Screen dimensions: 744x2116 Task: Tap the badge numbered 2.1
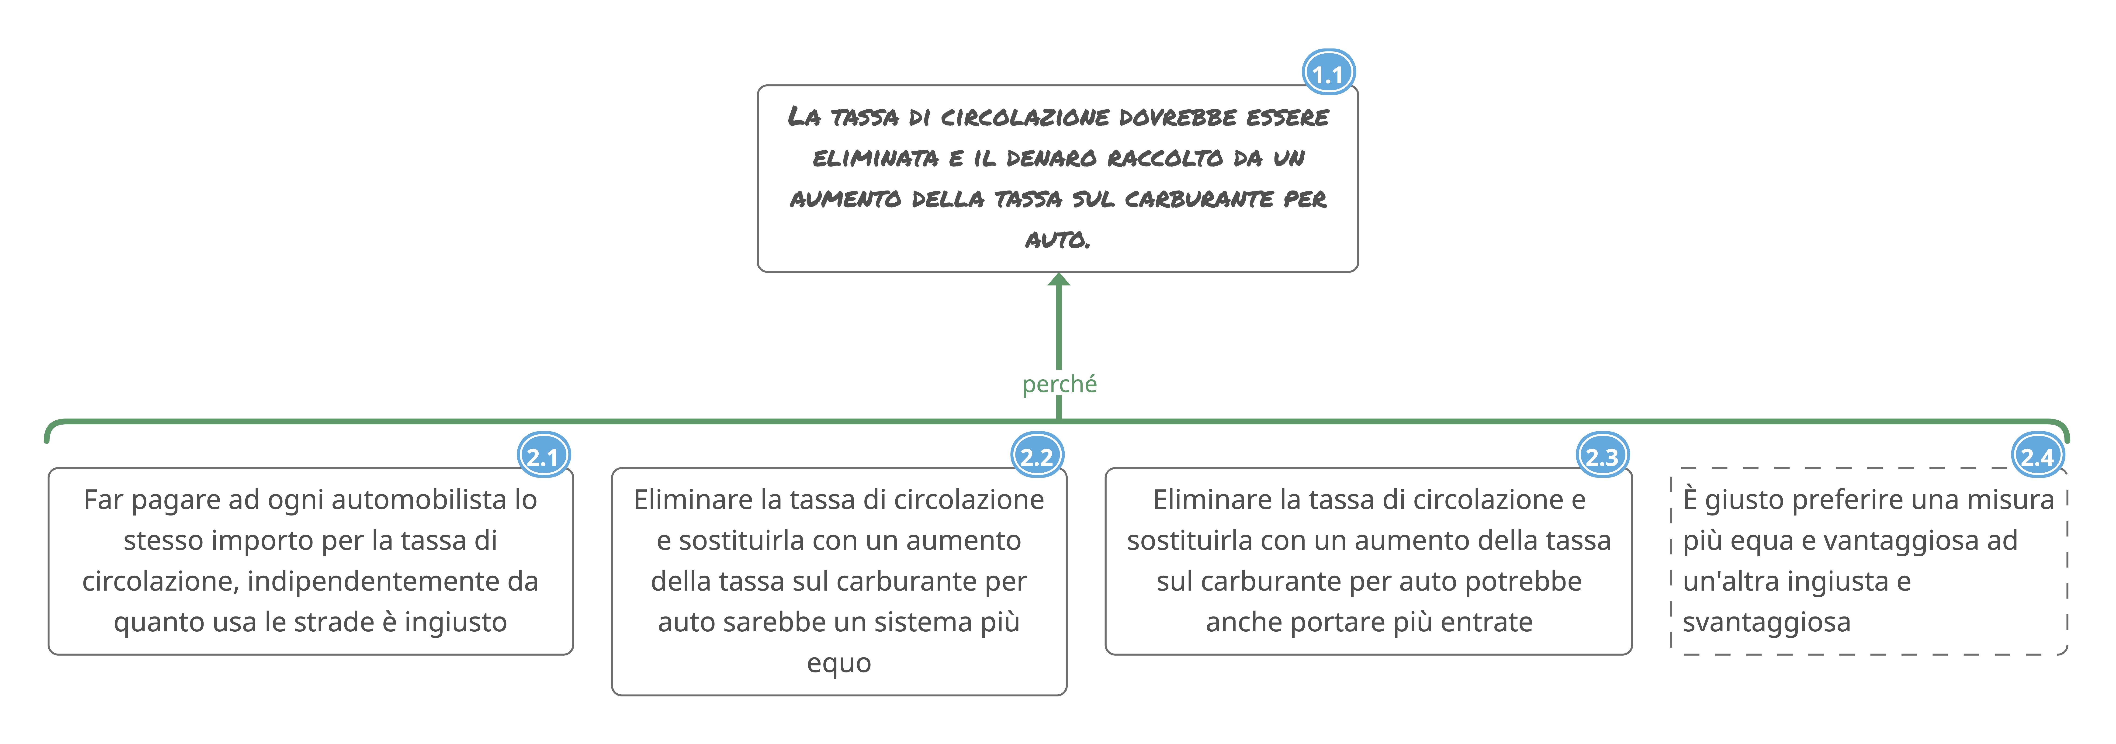543,456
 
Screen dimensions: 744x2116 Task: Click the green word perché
1059,384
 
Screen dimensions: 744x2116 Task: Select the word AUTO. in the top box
1057,240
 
